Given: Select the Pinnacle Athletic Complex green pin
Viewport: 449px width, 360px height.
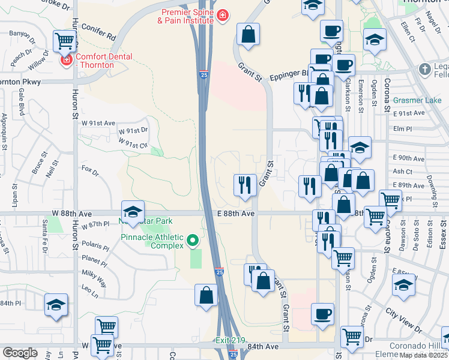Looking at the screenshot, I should (x=192, y=241).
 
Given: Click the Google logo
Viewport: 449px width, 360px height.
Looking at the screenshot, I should (x=19, y=353).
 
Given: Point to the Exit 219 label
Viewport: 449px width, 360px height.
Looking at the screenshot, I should (x=230, y=341).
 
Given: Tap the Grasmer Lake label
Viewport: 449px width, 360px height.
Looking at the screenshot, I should (x=418, y=100).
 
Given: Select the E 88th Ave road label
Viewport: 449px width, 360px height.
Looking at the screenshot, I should (x=237, y=213).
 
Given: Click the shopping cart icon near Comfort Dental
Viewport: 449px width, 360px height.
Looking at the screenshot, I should (x=64, y=41).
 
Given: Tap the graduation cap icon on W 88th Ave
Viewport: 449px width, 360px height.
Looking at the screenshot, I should (x=133, y=211).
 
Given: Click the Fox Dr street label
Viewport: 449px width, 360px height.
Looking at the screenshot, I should (x=90, y=171).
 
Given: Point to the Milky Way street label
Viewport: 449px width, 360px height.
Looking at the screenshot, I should (x=95, y=274).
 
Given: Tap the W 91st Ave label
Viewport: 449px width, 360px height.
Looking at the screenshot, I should (x=98, y=122).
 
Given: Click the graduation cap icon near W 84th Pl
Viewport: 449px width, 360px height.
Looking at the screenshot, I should (x=56, y=304).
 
